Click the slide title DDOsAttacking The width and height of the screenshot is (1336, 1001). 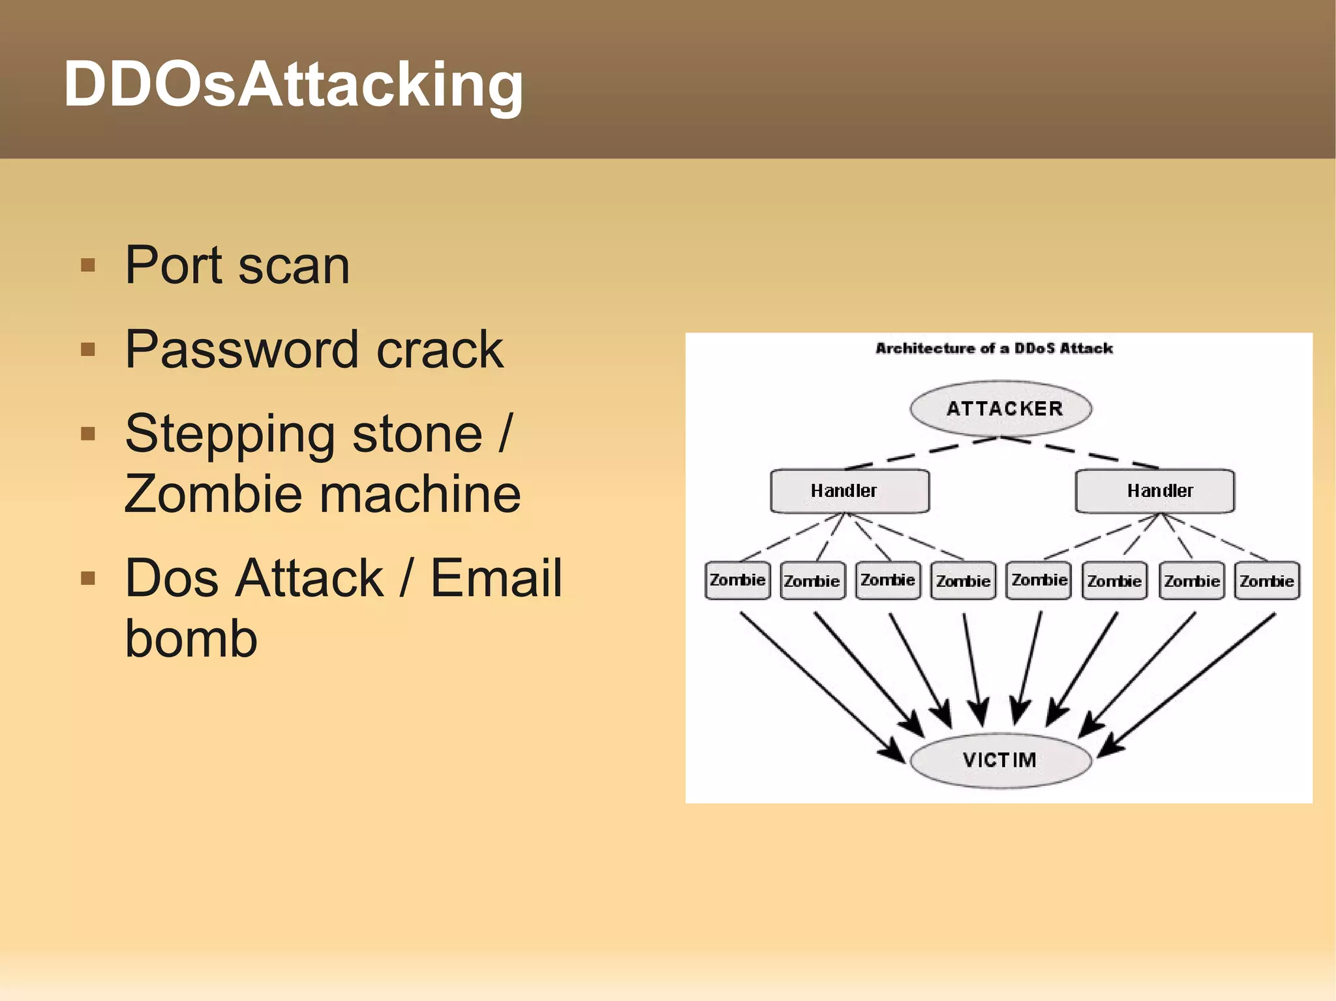pos(293,85)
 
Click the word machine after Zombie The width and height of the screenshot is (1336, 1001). pos(418,494)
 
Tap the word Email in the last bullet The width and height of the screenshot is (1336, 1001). pos(496,578)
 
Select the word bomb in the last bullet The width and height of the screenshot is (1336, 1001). pos(191,638)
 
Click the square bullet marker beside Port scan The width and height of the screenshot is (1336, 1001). pos(88,265)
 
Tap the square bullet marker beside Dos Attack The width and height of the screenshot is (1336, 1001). pos(88,578)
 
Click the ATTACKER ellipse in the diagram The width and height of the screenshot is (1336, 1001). pos(1001,409)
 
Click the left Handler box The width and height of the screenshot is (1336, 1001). pos(849,491)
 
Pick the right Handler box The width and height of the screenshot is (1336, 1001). pos(1155,491)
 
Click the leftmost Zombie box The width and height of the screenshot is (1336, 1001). pos(737,580)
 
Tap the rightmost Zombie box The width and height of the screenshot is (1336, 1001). pos(1267,580)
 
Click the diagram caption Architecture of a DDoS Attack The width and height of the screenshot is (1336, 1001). pos(994,348)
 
